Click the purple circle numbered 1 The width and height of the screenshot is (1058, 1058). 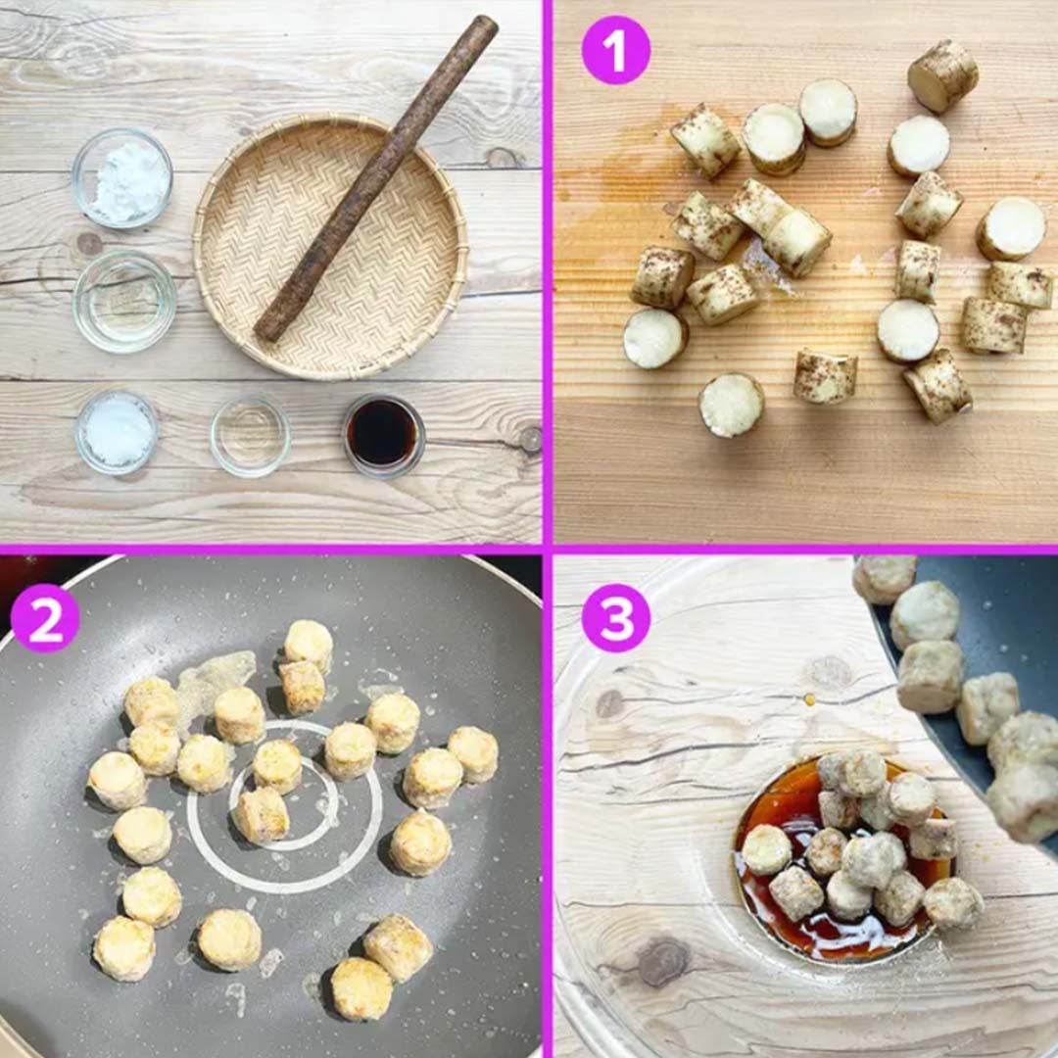pyautogui.click(x=615, y=51)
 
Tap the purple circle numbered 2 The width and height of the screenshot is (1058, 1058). pyautogui.click(x=44, y=618)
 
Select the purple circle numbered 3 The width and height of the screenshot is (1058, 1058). pyautogui.click(x=615, y=618)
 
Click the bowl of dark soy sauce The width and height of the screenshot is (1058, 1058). pyautogui.click(x=384, y=435)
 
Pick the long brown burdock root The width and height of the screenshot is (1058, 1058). pyautogui.click(x=375, y=179)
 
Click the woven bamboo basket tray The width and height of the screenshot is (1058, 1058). pyautogui.click(x=331, y=247)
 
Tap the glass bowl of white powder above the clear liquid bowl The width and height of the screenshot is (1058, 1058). pyautogui.click(x=122, y=177)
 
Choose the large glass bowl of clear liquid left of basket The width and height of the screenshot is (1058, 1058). pyautogui.click(x=124, y=302)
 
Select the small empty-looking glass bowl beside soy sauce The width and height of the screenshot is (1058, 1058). pyautogui.click(x=251, y=436)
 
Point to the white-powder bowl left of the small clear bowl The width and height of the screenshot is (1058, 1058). pyautogui.click(x=117, y=433)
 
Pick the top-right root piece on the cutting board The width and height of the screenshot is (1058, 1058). pyautogui.click(x=942, y=75)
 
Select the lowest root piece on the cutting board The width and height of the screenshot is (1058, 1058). pyautogui.click(x=732, y=405)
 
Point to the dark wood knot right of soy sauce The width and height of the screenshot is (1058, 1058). pyautogui.click(x=530, y=439)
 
